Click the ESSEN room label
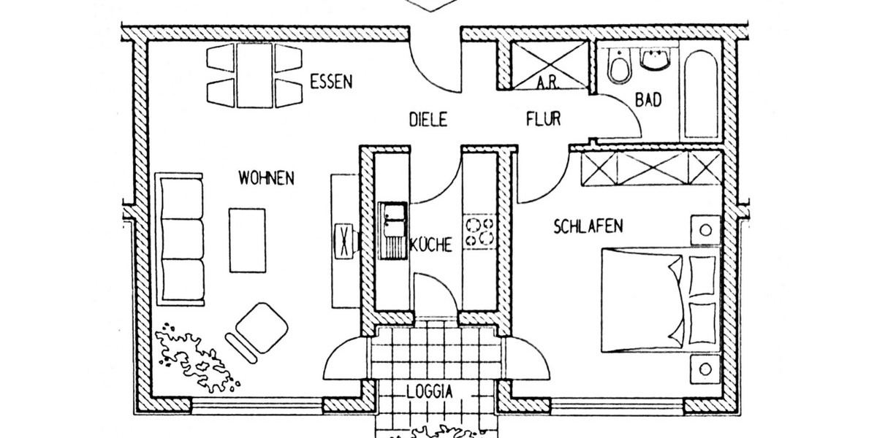click(331, 80)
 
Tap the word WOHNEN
click(266, 177)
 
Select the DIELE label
click(428, 119)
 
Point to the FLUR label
click(543, 118)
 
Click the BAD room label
click(648, 100)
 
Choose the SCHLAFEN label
click(588, 226)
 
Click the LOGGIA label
click(429, 391)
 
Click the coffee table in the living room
click(248, 239)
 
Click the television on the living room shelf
click(343, 239)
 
